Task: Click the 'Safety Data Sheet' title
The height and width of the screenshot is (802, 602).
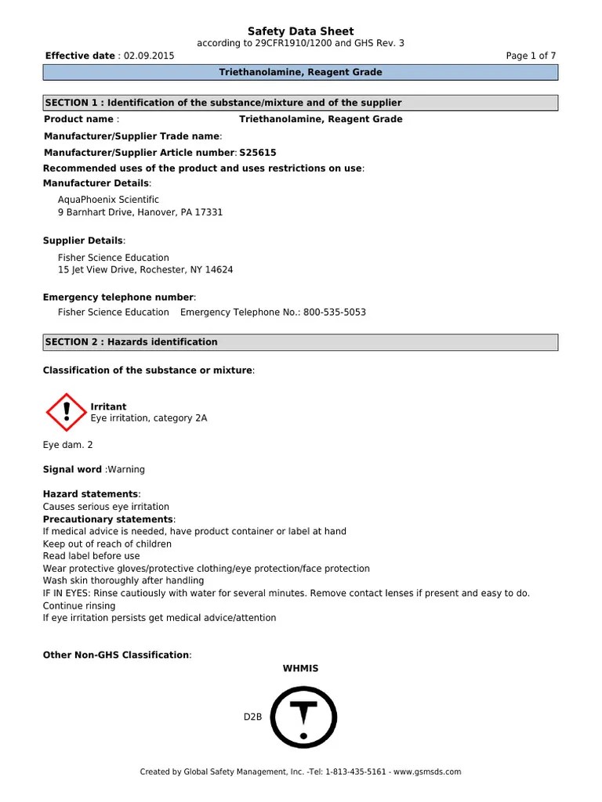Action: pyautogui.click(x=300, y=31)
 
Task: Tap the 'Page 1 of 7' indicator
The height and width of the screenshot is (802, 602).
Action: pyautogui.click(x=531, y=56)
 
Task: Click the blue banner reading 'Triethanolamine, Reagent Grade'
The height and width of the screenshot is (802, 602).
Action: pyautogui.click(x=300, y=73)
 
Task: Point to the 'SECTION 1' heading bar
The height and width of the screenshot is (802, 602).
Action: pyautogui.click(x=300, y=103)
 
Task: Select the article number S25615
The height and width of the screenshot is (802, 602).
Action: pyautogui.click(x=258, y=153)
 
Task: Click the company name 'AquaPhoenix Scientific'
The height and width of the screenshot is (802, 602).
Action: pyautogui.click(x=108, y=200)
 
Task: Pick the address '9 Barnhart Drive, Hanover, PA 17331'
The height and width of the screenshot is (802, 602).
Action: pyautogui.click(x=140, y=212)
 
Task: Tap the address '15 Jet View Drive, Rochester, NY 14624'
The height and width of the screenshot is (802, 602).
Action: pyautogui.click(x=145, y=269)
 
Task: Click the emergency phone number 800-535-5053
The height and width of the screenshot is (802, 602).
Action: pyautogui.click(x=335, y=312)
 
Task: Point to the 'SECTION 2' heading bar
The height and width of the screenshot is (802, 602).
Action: pyautogui.click(x=300, y=342)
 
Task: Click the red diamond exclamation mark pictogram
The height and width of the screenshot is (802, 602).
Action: pyautogui.click(x=67, y=412)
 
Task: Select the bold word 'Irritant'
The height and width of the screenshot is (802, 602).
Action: pyautogui.click(x=108, y=406)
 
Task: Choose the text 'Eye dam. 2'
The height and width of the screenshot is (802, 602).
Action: pyautogui.click(x=67, y=445)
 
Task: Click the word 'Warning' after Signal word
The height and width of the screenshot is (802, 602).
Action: pyautogui.click(x=126, y=469)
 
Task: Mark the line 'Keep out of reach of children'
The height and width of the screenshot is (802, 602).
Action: pyautogui.click(x=107, y=544)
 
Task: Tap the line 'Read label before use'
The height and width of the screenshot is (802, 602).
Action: pyautogui.click(x=91, y=556)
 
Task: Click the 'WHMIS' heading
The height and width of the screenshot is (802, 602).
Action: pyautogui.click(x=300, y=668)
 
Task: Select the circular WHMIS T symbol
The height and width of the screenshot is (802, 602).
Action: pyautogui.click(x=303, y=717)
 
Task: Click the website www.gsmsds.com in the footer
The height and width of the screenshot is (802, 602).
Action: pyautogui.click(x=427, y=771)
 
